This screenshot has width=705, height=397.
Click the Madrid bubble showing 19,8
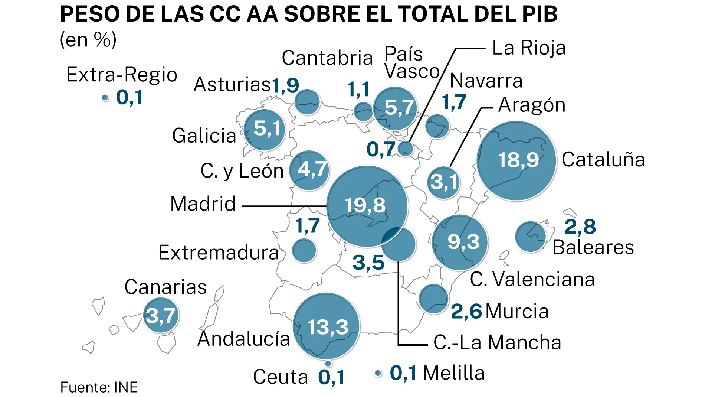pyautogui.click(x=367, y=206)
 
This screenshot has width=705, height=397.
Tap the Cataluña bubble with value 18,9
pyautogui.click(x=517, y=160)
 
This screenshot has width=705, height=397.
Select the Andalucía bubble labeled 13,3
pyautogui.click(x=327, y=326)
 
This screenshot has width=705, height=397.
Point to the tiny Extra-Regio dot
pyautogui.click(x=105, y=98)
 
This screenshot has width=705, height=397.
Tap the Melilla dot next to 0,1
pyautogui.click(x=378, y=373)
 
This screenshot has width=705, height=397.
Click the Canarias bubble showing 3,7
pyautogui.click(x=161, y=315)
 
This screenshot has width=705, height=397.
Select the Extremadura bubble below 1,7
pyautogui.click(x=304, y=250)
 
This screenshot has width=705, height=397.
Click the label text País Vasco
pyautogui.click(x=411, y=62)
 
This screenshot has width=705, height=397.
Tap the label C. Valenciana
pyautogui.click(x=532, y=279)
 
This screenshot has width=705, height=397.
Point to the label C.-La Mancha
pyautogui.click(x=497, y=342)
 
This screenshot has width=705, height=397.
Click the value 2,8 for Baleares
pyautogui.click(x=580, y=227)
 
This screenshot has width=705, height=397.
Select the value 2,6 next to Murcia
pyautogui.click(x=466, y=311)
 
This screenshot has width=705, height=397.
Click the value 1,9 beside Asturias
pyautogui.click(x=285, y=85)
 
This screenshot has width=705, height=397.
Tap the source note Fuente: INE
pyautogui.click(x=99, y=387)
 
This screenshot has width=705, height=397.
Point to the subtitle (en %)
pyautogui.click(x=88, y=39)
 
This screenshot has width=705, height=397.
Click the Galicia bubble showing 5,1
pyautogui.click(x=265, y=130)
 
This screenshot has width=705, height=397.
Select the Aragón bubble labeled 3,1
pyautogui.click(x=443, y=182)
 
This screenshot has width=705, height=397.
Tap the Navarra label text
pyautogui.click(x=486, y=81)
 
